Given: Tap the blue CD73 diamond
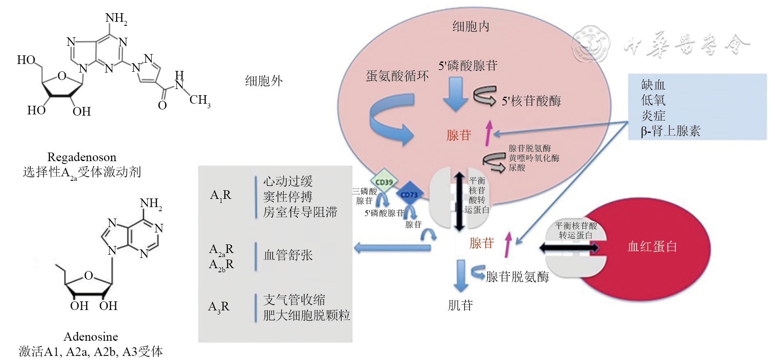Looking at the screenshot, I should (x=409, y=195).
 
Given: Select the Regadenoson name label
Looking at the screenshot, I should (x=82, y=157).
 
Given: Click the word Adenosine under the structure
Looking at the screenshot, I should (x=91, y=337).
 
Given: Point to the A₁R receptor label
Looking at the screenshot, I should (x=221, y=195).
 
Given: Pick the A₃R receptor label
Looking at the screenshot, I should (x=219, y=307).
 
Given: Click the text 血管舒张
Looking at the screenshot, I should (x=288, y=255).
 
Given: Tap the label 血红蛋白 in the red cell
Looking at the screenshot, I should (x=652, y=246).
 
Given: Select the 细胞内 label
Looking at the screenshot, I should (x=471, y=27).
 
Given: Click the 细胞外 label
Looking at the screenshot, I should (x=264, y=81).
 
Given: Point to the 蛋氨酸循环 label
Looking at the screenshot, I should (x=397, y=76).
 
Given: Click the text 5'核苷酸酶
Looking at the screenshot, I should (x=531, y=101).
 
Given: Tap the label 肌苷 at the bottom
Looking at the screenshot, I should (x=460, y=305).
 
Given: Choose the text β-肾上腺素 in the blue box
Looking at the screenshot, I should (x=670, y=131).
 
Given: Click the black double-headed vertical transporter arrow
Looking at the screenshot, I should (x=459, y=201).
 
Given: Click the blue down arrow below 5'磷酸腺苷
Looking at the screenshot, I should (x=455, y=94).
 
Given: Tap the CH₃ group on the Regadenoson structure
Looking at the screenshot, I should (x=200, y=100).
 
